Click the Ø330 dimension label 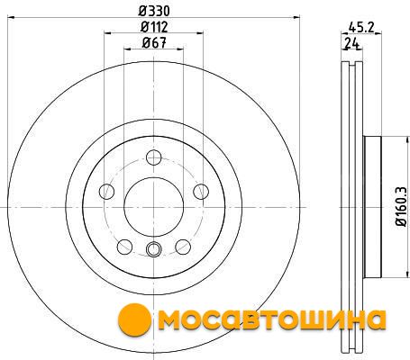154,11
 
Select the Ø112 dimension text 154,27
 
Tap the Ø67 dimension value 154,43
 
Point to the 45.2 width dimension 361,28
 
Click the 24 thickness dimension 352,43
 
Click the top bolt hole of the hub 154,157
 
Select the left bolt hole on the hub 106,192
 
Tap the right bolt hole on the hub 201,192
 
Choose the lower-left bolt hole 124,247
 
